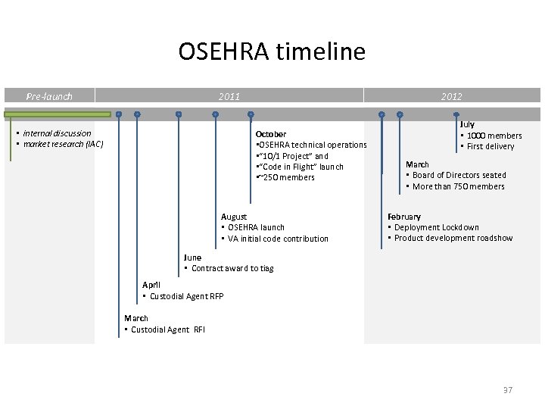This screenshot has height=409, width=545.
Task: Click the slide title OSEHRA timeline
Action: click(x=272, y=52)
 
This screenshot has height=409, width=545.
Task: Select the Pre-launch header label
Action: click(x=49, y=96)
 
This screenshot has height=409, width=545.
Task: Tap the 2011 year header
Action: click(x=229, y=96)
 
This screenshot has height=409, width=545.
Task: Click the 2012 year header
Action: click(x=451, y=96)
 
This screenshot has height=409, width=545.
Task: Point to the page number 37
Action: click(x=507, y=390)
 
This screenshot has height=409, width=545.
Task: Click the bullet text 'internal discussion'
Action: click(x=57, y=133)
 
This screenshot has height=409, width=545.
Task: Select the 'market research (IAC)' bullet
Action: click(x=63, y=144)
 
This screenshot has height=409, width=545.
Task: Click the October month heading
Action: click(x=271, y=134)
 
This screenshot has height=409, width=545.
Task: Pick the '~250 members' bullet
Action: click(x=288, y=177)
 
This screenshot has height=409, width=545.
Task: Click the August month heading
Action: click(x=234, y=217)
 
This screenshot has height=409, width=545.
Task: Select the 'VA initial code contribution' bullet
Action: click(x=278, y=239)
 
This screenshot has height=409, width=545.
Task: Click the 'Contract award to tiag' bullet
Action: click(x=232, y=268)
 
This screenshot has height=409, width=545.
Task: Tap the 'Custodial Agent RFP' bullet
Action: click(x=186, y=296)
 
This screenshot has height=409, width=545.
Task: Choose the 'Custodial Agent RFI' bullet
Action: click(x=167, y=329)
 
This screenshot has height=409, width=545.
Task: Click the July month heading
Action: click(x=467, y=124)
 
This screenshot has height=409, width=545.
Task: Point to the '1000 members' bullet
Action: click(x=494, y=136)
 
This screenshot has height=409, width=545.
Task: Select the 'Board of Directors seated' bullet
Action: click(x=459, y=175)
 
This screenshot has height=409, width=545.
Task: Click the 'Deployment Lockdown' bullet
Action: click(x=436, y=227)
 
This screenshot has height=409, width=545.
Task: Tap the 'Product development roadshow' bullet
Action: click(x=453, y=238)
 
